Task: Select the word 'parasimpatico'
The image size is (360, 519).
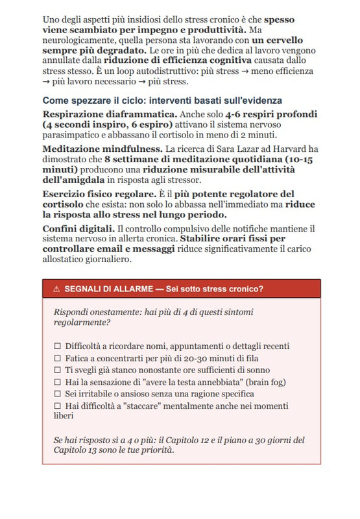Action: tap(73, 135)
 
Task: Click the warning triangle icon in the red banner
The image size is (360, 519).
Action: tap(56, 289)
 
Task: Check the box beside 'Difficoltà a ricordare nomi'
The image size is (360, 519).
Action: tap(58, 346)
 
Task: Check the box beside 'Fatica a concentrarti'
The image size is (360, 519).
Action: tap(58, 358)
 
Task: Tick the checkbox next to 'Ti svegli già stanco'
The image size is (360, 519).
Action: tap(58, 370)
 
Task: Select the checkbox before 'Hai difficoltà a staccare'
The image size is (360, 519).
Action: tap(58, 405)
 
